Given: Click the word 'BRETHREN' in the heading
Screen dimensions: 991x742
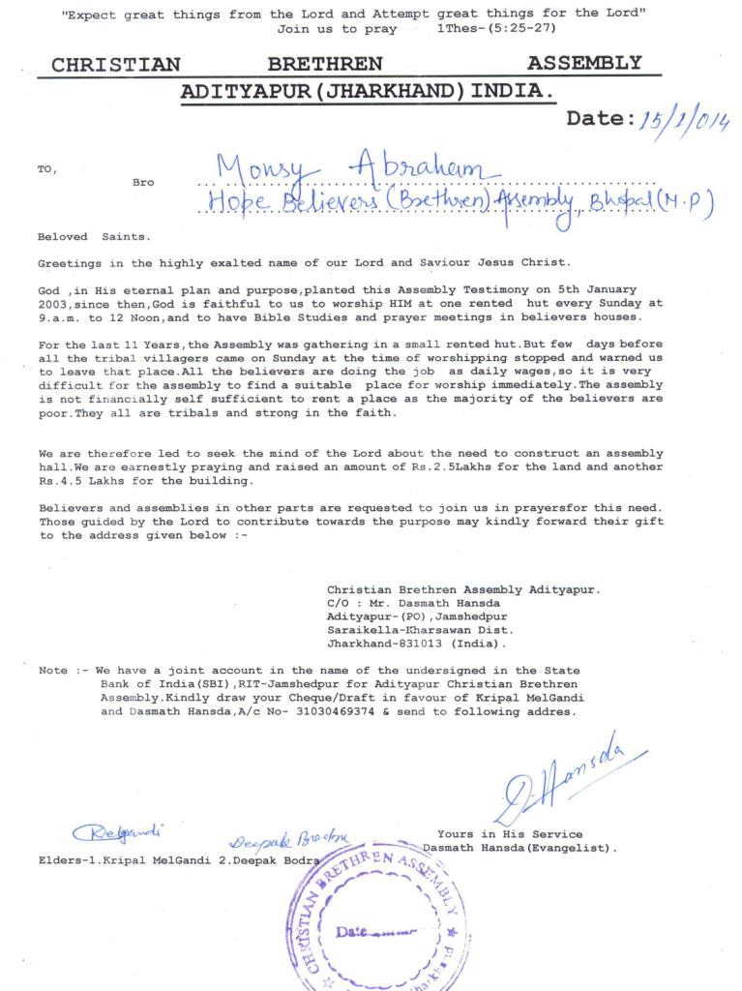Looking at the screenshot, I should pyautogui.click(x=324, y=65).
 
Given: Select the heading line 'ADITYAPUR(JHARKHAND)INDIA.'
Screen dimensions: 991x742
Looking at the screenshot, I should pyautogui.click(x=369, y=92).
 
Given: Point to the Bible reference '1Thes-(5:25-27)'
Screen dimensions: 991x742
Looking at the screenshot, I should pyautogui.click(x=496, y=29).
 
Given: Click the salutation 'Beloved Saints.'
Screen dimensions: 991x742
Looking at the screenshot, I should pyautogui.click(x=94, y=236).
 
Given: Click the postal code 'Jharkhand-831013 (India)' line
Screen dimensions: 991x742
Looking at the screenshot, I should pyautogui.click(x=417, y=643).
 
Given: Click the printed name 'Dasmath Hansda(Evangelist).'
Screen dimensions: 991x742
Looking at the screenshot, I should pyautogui.click(x=519, y=848).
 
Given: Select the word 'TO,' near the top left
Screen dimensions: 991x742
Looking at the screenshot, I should pyautogui.click(x=47, y=169).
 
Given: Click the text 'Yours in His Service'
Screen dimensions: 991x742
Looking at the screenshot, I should pyautogui.click(x=510, y=833).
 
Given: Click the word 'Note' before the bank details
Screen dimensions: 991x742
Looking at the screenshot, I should pyautogui.click(x=53, y=670).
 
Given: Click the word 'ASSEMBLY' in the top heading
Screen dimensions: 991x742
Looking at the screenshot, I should pyautogui.click(x=584, y=65).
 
